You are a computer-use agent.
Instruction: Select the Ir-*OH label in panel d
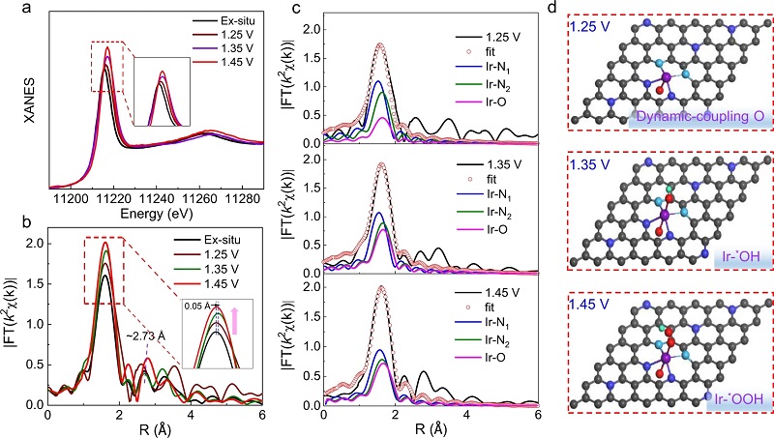coord(735,257)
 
